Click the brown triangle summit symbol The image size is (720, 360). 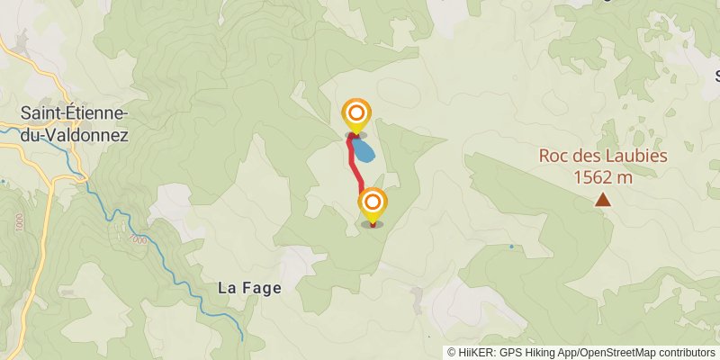pos(602,201)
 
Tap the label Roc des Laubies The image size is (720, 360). pos(602,155)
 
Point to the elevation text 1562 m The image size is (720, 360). pos(602,176)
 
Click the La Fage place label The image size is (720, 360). pos(249,288)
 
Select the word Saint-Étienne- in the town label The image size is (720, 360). pos(75,113)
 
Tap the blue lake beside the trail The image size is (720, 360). pos(364,149)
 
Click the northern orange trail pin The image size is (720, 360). pos(356,114)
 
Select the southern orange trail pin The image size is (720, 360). pos(372,202)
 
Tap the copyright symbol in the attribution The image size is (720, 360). pos(452,352)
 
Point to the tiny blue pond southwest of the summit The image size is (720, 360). pos(511,246)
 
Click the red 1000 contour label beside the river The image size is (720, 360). pos(137,240)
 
